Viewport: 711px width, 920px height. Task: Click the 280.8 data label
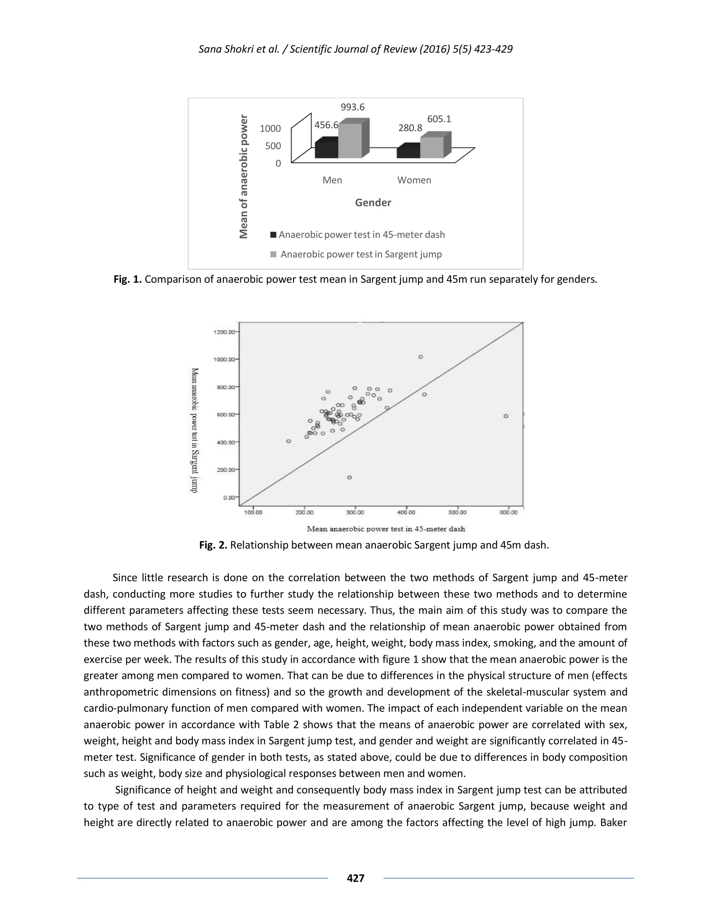(x=410, y=128)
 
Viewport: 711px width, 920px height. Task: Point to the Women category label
(x=414, y=180)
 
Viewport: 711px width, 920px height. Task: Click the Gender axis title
(x=373, y=203)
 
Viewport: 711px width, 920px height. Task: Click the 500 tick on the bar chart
(x=273, y=146)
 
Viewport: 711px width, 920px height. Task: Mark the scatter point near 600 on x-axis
(x=506, y=416)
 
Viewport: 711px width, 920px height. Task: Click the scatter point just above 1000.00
(x=420, y=357)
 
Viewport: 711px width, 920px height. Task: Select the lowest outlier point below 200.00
(x=349, y=477)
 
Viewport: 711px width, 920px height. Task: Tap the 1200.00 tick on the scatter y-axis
(x=223, y=332)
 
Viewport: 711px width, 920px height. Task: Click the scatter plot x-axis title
(x=386, y=529)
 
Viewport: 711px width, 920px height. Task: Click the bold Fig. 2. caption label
(x=213, y=545)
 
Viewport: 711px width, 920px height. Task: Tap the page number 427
(x=355, y=878)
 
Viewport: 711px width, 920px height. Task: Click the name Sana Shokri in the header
(x=224, y=49)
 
